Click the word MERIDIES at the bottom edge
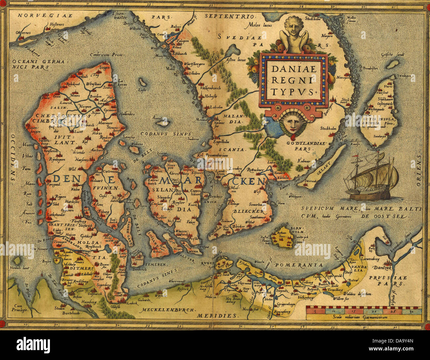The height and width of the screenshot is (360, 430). pos(217,316)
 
